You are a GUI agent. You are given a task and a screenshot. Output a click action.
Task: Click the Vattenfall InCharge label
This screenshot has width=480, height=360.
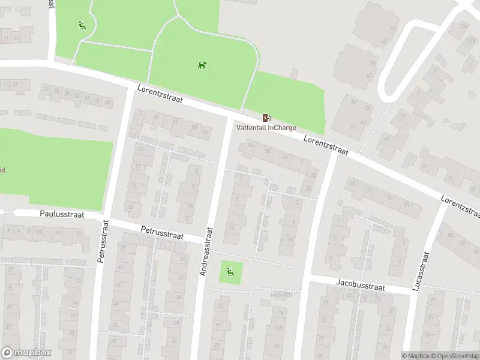(x=266, y=128)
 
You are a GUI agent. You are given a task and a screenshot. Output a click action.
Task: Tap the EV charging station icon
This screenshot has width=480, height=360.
(x=266, y=118)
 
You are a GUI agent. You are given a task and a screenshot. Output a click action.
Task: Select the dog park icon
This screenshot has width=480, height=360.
(x=202, y=64)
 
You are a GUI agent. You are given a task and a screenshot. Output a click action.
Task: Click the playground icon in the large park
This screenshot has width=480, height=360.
(x=82, y=25)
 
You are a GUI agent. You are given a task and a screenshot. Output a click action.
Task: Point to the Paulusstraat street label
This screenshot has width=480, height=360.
(x=62, y=214)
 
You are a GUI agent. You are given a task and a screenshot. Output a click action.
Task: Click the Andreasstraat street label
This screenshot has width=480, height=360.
(x=205, y=251)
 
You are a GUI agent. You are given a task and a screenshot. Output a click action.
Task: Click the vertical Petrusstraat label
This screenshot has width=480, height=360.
(x=103, y=241)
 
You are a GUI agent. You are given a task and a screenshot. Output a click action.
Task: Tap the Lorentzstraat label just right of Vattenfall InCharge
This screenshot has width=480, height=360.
(x=326, y=144)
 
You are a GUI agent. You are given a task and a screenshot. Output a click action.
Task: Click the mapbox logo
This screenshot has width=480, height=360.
(x=26, y=353)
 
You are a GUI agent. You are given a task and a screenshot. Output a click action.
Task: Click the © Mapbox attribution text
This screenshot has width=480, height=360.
(x=416, y=356)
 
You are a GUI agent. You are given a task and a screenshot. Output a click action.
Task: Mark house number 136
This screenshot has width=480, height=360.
(x=463, y=26)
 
